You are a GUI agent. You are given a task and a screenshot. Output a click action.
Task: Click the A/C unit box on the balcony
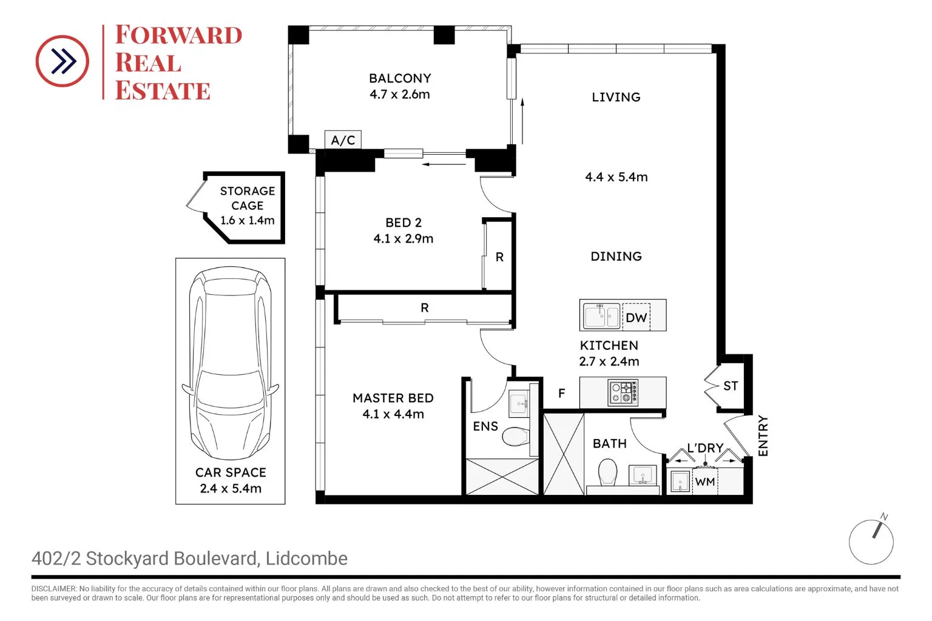pos(343,140)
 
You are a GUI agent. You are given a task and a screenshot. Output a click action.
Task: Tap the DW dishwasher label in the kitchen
pos(636,318)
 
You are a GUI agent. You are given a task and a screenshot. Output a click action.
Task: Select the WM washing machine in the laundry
pos(704,482)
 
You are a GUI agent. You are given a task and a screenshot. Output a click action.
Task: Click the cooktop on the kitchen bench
pos(623,392)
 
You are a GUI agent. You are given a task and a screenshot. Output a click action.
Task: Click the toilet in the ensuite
pos(516,436)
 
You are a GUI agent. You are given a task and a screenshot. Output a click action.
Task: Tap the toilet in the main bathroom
pos(607,472)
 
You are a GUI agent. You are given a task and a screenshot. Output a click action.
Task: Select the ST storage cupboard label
pos(731,386)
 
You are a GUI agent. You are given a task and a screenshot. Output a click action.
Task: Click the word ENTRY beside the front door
pos(763,435)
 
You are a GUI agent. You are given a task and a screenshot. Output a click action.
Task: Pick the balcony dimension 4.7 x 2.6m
pos(400,95)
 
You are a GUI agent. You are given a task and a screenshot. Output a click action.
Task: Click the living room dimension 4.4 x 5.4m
pos(616,177)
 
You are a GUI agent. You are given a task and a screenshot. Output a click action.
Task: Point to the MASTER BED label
pos(393,398)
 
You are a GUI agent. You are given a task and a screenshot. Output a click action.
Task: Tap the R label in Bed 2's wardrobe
pos(499,257)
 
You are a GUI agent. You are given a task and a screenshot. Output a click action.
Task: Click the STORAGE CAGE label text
pos(248,198)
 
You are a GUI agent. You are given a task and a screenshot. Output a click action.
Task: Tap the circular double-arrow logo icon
pos(62,61)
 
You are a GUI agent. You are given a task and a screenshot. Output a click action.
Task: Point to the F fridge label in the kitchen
pos(561,394)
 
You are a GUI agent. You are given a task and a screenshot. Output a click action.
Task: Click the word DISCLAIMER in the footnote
pos(53,589)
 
